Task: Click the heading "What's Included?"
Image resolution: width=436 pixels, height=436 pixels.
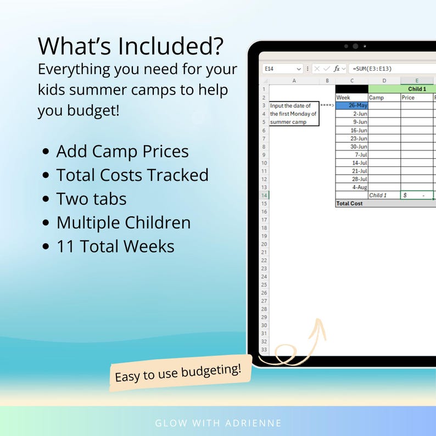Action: (x=131, y=46)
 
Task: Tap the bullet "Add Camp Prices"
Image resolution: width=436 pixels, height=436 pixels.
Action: (x=122, y=152)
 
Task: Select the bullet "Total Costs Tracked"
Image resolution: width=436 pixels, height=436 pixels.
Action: (x=132, y=175)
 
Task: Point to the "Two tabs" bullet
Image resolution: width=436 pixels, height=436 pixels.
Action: (x=91, y=199)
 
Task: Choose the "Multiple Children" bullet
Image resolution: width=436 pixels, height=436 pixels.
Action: (x=123, y=222)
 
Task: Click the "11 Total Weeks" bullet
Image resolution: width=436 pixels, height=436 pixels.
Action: (x=115, y=247)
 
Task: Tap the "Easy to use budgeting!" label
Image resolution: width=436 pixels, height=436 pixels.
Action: (x=178, y=373)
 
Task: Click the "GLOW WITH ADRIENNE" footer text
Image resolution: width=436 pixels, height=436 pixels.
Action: (x=217, y=423)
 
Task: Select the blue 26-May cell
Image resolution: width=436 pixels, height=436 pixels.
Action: (x=351, y=105)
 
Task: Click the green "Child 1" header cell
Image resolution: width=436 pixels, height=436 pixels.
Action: (x=416, y=89)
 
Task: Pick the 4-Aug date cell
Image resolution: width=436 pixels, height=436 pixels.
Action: (x=351, y=187)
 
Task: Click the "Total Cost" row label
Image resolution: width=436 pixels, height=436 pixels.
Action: (x=349, y=203)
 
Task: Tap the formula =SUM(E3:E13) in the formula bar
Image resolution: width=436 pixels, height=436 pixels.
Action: (x=372, y=69)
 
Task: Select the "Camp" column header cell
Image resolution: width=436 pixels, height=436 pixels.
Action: (x=384, y=97)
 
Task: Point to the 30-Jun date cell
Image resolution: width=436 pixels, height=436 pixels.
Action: (x=351, y=147)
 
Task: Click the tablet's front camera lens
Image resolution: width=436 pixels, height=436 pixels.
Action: (x=355, y=47)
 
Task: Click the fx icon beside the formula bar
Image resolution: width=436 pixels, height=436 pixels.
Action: (x=337, y=69)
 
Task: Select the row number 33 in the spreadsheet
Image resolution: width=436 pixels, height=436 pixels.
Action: (x=264, y=350)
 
